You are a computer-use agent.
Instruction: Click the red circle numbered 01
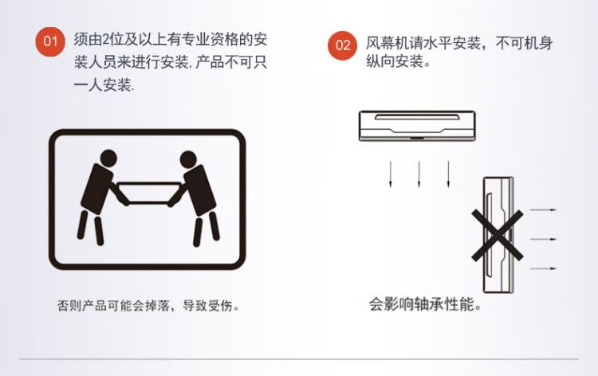click(x=50, y=41)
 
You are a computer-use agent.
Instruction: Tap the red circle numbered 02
click(x=343, y=45)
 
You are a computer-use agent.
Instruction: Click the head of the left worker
click(x=108, y=158)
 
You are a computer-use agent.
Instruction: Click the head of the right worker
click(x=188, y=159)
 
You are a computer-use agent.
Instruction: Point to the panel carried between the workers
click(x=149, y=193)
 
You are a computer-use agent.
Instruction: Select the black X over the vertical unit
click(x=497, y=236)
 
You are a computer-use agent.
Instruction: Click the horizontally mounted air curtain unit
click(x=417, y=126)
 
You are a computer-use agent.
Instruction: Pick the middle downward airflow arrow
click(x=419, y=174)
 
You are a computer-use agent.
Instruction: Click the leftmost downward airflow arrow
click(x=390, y=174)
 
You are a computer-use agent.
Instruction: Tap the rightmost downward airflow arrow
click(x=448, y=174)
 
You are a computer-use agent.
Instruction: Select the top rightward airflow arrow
click(x=544, y=210)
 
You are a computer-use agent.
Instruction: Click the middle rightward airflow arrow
click(x=544, y=239)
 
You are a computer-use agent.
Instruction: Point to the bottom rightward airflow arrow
click(x=544, y=268)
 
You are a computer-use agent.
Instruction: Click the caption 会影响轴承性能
click(x=424, y=304)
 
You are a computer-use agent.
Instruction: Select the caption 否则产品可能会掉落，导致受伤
click(x=148, y=306)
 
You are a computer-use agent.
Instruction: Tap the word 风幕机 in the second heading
click(x=387, y=43)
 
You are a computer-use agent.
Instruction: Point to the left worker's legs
click(x=90, y=228)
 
